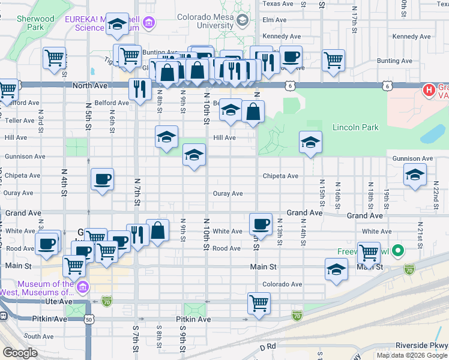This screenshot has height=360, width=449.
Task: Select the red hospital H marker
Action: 429,91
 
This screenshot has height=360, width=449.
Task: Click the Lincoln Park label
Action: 355,128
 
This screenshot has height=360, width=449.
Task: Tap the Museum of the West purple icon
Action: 83,288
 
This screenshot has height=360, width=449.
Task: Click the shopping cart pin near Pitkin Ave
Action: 259,303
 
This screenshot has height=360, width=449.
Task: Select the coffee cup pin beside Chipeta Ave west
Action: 102,179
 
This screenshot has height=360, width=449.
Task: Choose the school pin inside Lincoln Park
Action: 310,142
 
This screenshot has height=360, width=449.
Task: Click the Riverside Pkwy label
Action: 421,346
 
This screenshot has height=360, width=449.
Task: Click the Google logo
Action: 20,353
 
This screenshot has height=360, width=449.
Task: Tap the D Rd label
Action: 267,347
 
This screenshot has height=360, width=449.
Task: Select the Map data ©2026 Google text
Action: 411,355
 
